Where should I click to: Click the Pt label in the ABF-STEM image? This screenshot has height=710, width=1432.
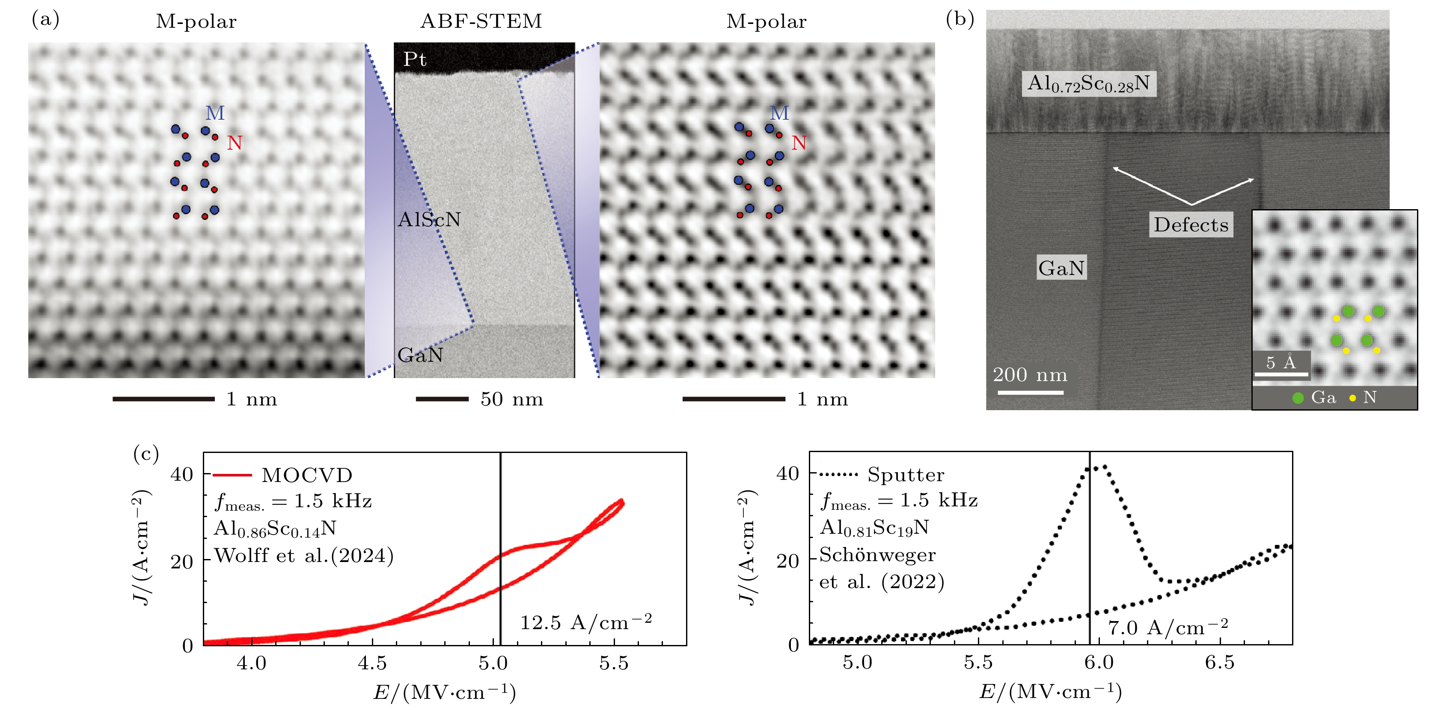pos(415,59)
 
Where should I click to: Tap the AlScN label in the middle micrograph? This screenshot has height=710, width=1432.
pos(429,219)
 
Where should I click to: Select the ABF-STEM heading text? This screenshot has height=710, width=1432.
pos(481,21)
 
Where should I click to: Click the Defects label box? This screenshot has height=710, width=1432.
pos(1191,225)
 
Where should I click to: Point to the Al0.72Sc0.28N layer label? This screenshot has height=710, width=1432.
pos(1088,83)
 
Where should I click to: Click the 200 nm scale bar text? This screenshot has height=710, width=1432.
pos(1030,375)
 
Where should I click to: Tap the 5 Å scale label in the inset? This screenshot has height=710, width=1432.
pos(1281,363)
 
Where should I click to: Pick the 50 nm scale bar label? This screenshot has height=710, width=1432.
pos(511,399)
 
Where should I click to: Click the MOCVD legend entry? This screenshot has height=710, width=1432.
pos(307,475)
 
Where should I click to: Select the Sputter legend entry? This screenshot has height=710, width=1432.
pos(906,474)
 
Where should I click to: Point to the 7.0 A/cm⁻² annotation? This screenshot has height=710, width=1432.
pos(1168,628)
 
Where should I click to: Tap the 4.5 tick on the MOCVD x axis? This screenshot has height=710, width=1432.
pos(372,663)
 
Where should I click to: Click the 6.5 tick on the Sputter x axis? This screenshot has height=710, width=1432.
pos(1220,662)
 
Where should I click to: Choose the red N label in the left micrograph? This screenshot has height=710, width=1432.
pos(235,143)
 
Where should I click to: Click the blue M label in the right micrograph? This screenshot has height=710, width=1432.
pos(779,113)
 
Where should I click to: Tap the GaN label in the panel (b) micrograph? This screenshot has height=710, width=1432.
pos(1061,268)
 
